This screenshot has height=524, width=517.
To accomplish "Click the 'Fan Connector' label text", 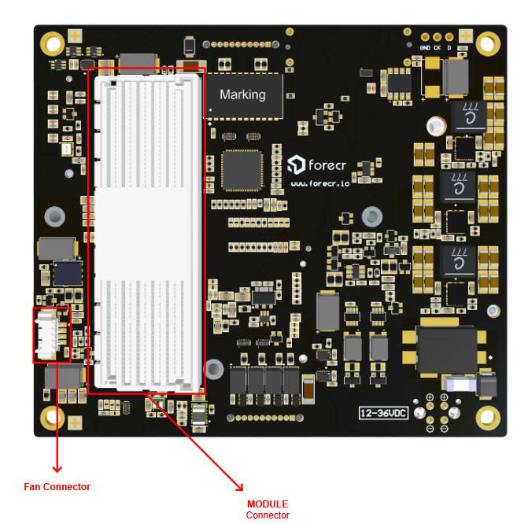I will (57, 487).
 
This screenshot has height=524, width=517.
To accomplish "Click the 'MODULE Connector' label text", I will (268, 509).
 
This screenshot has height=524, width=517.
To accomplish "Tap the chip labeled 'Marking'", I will (242, 94).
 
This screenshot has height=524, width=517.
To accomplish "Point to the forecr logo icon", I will (297, 164).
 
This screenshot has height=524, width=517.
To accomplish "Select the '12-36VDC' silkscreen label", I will (383, 412).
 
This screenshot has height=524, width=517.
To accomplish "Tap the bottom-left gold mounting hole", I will (53, 416).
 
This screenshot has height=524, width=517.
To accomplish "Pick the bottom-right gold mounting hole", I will (488, 416).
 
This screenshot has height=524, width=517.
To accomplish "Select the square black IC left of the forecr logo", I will (242, 170).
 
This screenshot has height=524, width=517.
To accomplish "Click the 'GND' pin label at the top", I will (425, 46).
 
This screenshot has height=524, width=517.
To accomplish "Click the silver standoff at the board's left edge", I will (54, 215).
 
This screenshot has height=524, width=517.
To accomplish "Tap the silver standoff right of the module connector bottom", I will (212, 366).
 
